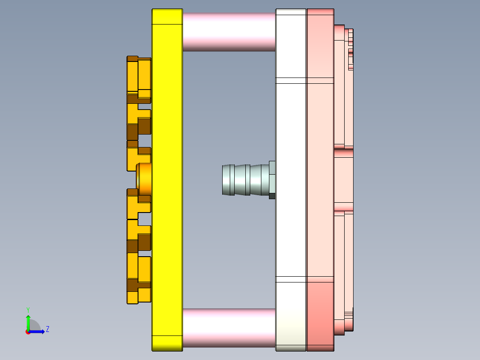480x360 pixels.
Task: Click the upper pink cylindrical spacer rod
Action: point(229,32)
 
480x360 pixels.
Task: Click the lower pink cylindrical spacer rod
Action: point(229,327)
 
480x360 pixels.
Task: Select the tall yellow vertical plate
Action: point(167,178)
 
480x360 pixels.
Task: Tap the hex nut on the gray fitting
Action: point(272,180)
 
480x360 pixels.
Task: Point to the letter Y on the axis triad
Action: point(28,309)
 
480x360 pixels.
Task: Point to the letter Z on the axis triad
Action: point(47,329)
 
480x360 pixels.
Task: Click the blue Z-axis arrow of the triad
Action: point(38,331)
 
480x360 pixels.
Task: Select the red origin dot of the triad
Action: point(28,332)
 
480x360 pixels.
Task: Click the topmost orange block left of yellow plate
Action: point(139,76)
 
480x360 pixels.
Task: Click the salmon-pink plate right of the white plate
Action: point(320,178)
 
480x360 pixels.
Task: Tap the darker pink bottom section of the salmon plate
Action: point(320,312)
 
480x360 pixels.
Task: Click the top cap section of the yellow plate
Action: point(167,16)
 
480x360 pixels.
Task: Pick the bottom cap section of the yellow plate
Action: point(167,343)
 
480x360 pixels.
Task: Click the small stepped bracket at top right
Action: point(350,49)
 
